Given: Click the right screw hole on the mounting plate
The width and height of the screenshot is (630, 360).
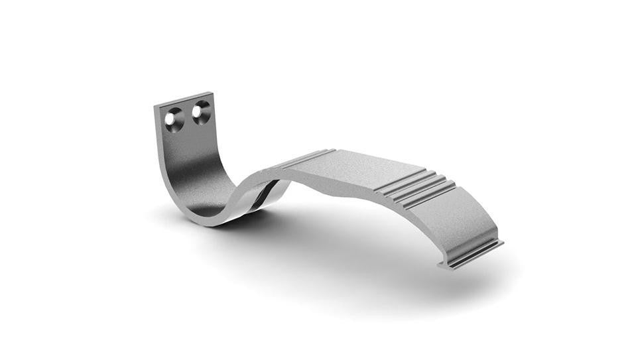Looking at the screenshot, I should pyautogui.click(x=200, y=112).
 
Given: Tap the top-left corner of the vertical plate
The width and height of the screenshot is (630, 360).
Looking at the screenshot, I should pyautogui.click(x=155, y=106).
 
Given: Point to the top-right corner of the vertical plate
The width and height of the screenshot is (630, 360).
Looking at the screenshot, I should pyautogui.click(x=211, y=92).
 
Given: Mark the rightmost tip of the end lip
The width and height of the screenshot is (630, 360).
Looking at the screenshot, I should pyautogui.click(x=502, y=243).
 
